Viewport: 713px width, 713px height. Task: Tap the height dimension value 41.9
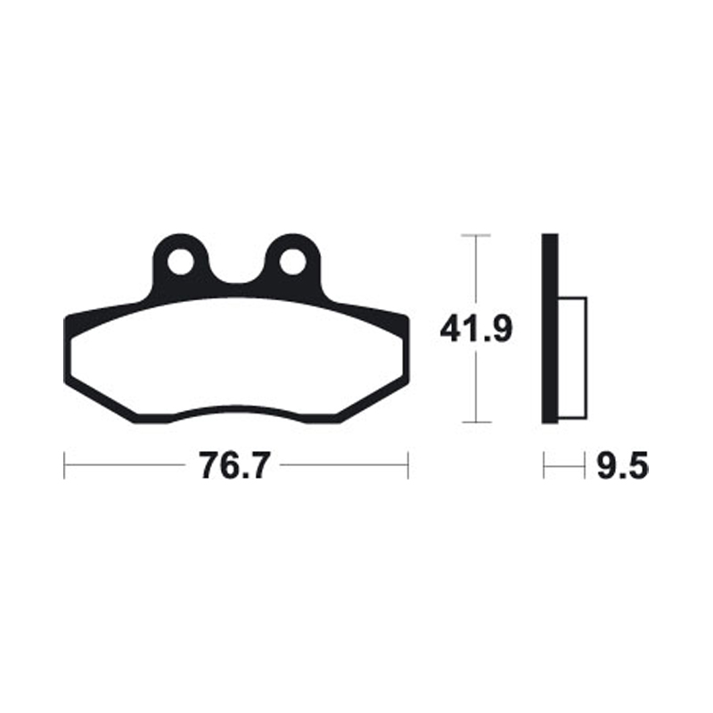[475, 331]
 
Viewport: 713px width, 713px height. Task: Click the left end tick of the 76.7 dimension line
[64, 464]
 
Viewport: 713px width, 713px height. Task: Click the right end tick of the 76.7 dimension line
[407, 464]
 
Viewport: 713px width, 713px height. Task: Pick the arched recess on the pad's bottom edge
[235, 412]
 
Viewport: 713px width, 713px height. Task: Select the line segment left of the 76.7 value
[125, 464]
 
